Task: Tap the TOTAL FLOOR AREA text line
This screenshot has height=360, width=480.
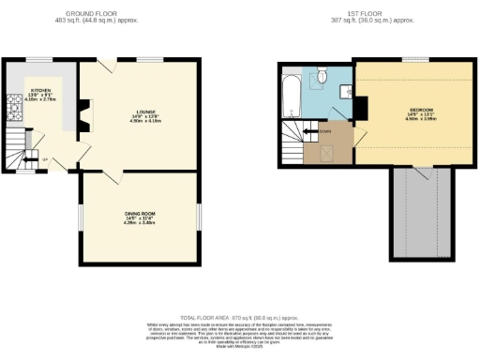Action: click(239, 319)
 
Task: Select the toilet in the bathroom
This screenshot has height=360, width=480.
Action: click(321, 75)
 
